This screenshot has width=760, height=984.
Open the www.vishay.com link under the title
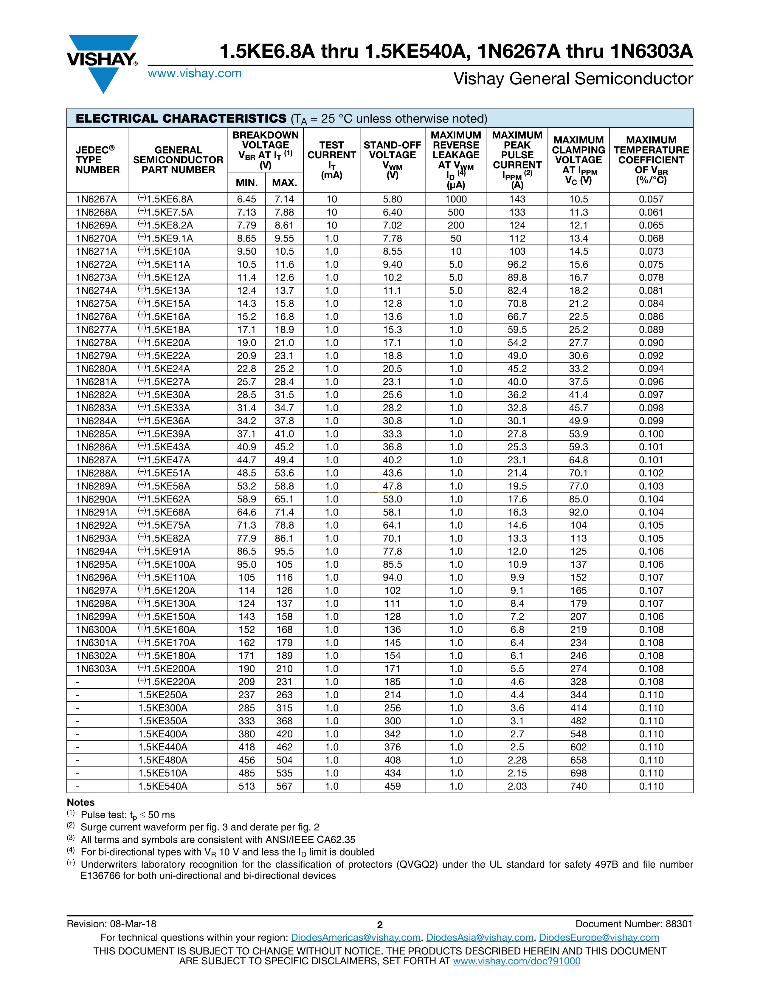[195, 73]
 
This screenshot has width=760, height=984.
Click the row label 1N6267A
[96, 199]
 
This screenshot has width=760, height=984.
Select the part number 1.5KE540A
[163, 786]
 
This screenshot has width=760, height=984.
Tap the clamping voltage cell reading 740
[578, 786]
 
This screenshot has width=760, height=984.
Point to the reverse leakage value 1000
[456, 199]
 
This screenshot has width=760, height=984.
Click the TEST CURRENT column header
[331, 160]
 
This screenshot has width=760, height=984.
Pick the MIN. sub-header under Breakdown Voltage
[247, 183]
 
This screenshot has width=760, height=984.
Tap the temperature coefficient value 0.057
[651, 199]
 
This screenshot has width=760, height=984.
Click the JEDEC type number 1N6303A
[96, 669]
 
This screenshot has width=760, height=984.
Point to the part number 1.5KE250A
[163, 695]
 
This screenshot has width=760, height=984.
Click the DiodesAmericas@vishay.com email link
[356, 937]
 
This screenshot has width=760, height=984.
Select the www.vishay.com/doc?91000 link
[517, 961]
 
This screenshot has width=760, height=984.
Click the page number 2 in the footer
[379, 925]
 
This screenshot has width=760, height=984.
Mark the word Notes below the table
[80, 802]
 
